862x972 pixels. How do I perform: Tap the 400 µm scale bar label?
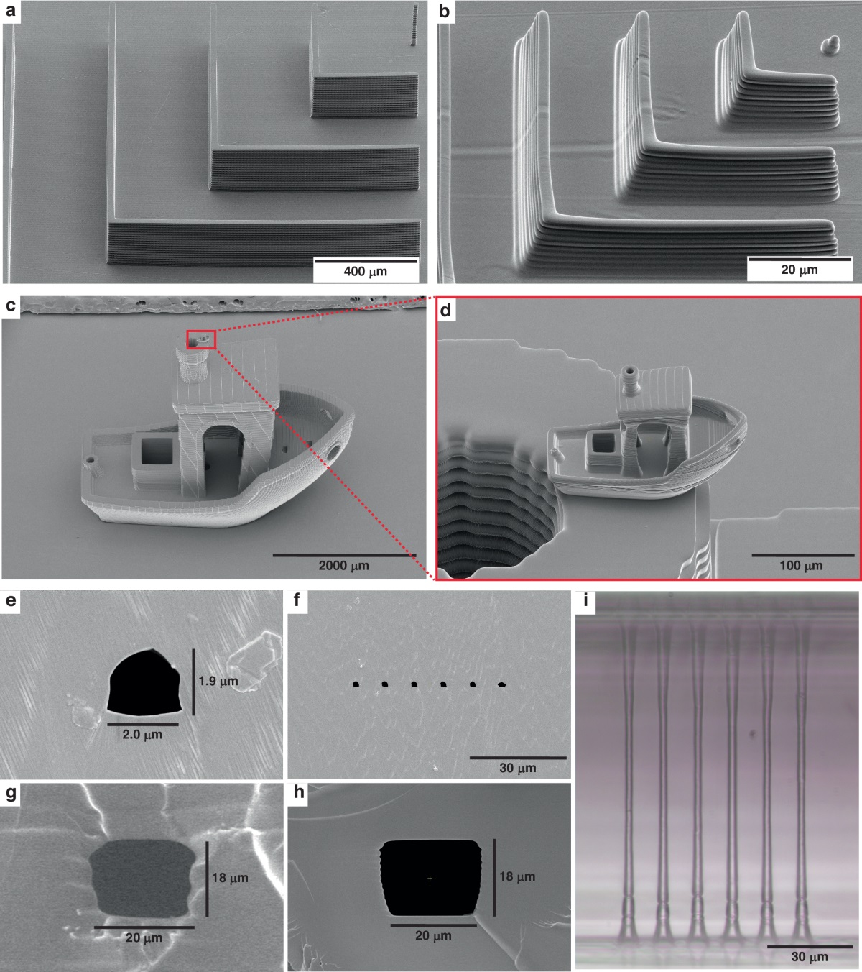tap(366, 272)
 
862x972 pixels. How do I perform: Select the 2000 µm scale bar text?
tap(344, 565)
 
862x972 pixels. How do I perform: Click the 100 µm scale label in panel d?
tap(801, 565)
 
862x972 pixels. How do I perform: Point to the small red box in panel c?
tap(201, 339)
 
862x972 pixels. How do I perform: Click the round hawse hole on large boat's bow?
tap(333, 452)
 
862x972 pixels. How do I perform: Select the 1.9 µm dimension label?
tap(218, 681)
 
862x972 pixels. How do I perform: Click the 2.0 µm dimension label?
tap(142, 734)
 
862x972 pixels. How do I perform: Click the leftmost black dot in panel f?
tap(356, 684)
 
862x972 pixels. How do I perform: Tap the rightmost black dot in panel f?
tap(502, 684)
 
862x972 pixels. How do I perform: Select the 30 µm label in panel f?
tap(518, 768)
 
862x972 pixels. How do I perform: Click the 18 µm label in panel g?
tap(231, 878)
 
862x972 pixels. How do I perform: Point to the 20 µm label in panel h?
tap(433, 935)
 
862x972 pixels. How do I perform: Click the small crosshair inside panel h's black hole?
tap(430, 878)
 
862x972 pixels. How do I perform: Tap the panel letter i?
tap(585, 600)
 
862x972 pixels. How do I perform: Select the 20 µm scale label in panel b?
tap(800, 269)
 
